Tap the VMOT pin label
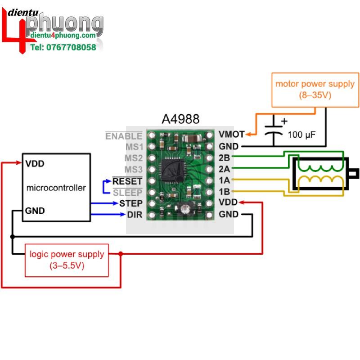(x=231, y=134)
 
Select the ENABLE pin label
(x=124, y=136)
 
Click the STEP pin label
(x=131, y=203)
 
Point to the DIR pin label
(x=135, y=215)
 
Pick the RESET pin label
(x=127, y=181)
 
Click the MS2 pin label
(x=133, y=158)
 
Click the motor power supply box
(x=315, y=89)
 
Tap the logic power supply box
(x=67, y=260)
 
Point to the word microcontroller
(x=56, y=188)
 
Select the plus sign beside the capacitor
(x=284, y=121)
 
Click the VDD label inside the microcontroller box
(x=35, y=163)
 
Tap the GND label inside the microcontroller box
(x=35, y=210)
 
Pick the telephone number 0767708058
(x=63, y=47)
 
